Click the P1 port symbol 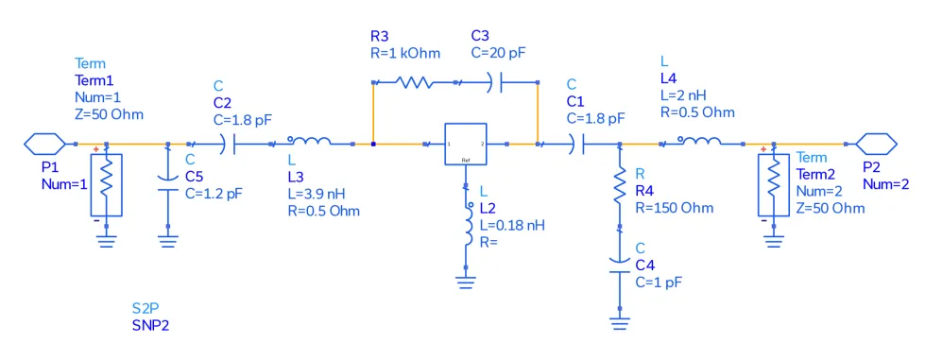click(43, 144)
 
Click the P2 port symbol click(876, 144)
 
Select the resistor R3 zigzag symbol click(413, 83)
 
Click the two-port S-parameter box click(465, 145)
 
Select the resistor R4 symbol click(619, 187)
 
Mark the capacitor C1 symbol click(578, 145)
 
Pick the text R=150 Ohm click(675, 207)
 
